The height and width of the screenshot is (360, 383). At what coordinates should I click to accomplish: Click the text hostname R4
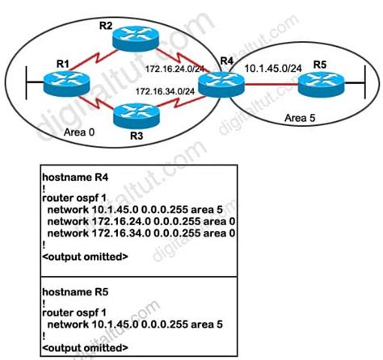coord(73,174)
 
